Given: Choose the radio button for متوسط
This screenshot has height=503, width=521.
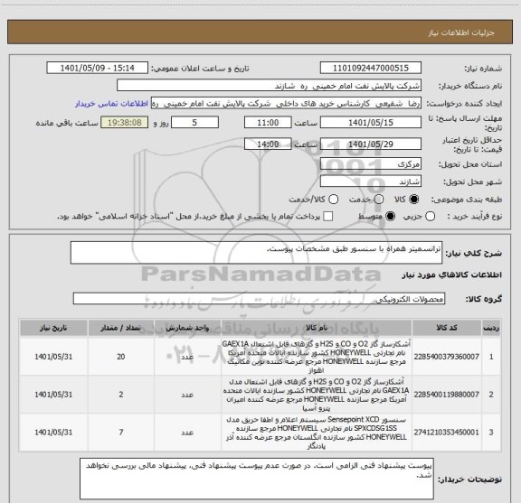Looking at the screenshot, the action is [x=392, y=217].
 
